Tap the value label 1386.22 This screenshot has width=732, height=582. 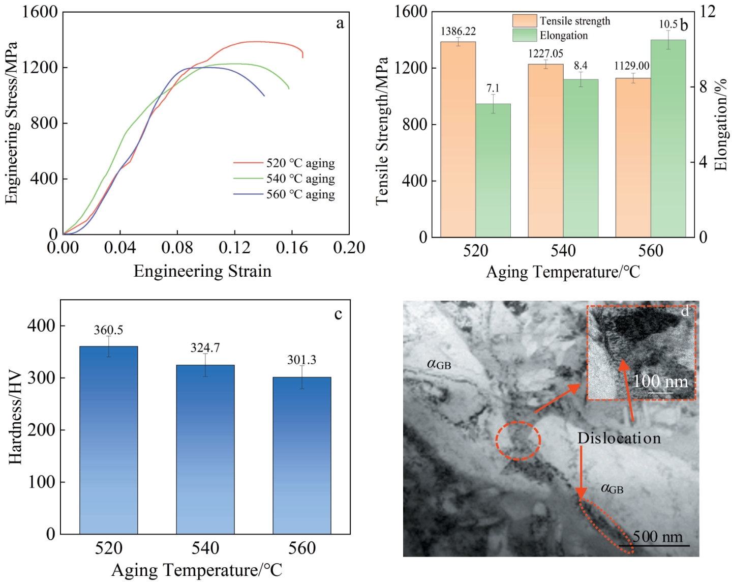(458, 32)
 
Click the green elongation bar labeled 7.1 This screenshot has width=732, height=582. (493, 170)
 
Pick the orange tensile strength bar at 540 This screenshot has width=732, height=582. (545, 150)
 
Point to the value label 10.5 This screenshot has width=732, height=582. (668, 24)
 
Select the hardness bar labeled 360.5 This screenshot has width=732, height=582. (109, 440)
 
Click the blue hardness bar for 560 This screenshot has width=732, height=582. (302, 455)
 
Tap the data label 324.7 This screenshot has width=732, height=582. (205, 348)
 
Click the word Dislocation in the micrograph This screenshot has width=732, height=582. (619, 438)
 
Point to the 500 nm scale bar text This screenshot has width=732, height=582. (658, 537)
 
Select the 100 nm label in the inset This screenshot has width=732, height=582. (660, 382)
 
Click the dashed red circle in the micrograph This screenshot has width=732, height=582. (518, 441)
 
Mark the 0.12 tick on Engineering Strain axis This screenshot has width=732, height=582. (235, 248)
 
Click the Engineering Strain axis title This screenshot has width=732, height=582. (202, 271)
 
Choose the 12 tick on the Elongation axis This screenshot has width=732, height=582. (707, 12)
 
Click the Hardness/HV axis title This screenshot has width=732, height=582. (15, 418)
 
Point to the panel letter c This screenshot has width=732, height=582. (338, 314)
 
